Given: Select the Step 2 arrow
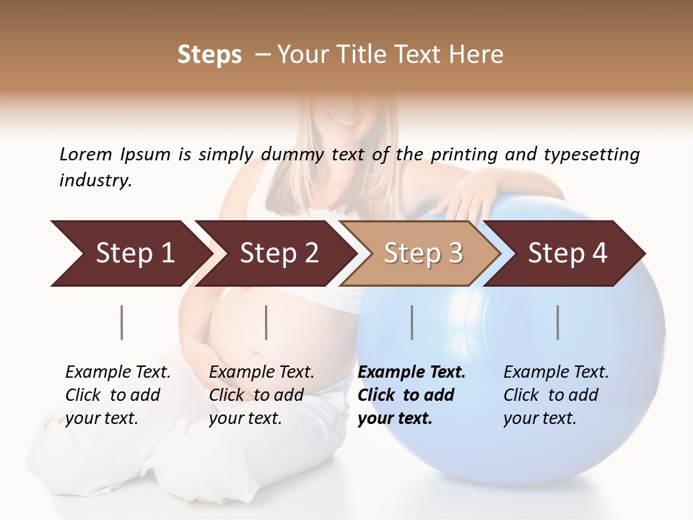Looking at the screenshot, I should [x=278, y=253].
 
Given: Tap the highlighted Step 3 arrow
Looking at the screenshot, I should [x=422, y=253].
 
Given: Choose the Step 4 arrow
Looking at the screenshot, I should [x=567, y=253].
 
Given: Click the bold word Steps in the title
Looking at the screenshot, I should [x=209, y=55].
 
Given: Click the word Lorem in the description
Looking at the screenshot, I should [x=86, y=154].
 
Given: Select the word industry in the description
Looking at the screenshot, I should [x=95, y=181].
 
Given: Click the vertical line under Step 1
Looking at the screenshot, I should [x=122, y=322].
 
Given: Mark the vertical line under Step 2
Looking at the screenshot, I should [x=266, y=322].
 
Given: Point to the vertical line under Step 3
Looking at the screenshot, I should [x=412, y=322].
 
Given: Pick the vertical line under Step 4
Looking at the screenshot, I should [x=558, y=322].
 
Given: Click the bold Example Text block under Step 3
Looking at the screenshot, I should [x=411, y=395].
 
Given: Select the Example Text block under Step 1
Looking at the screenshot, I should [x=118, y=395].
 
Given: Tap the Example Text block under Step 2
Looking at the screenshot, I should [x=261, y=395].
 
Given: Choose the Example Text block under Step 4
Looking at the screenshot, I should [x=556, y=395].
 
